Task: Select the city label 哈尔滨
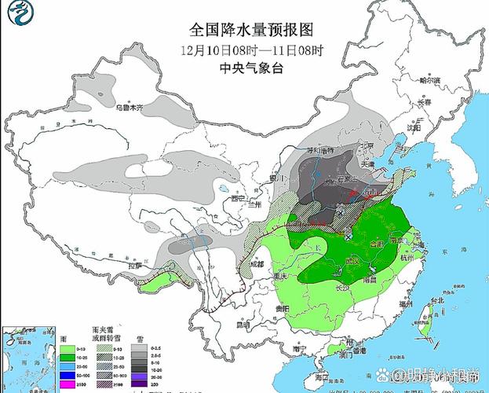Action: (x=430, y=80)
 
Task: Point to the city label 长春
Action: (x=425, y=102)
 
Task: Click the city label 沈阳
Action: (x=414, y=125)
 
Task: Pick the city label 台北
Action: (x=436, y=300)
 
